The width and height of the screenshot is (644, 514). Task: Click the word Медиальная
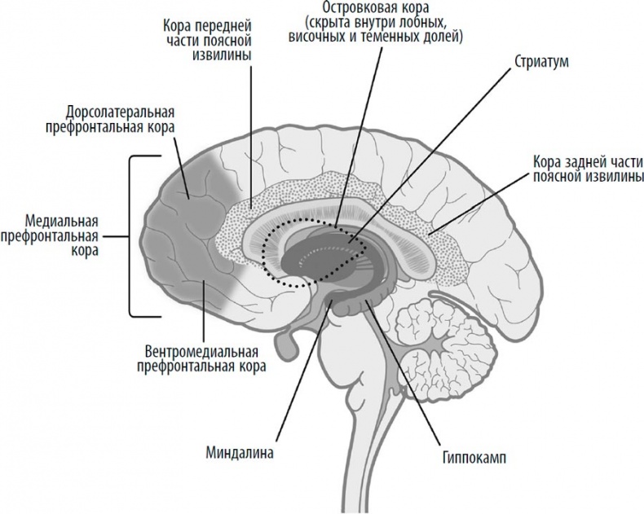[x=62, y=222]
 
